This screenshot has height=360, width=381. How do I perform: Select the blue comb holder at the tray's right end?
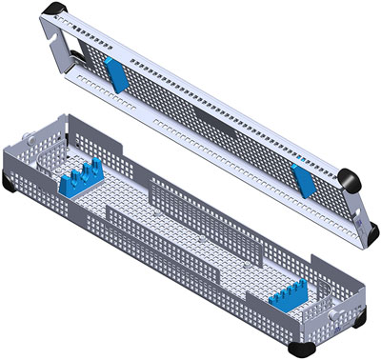291,301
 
